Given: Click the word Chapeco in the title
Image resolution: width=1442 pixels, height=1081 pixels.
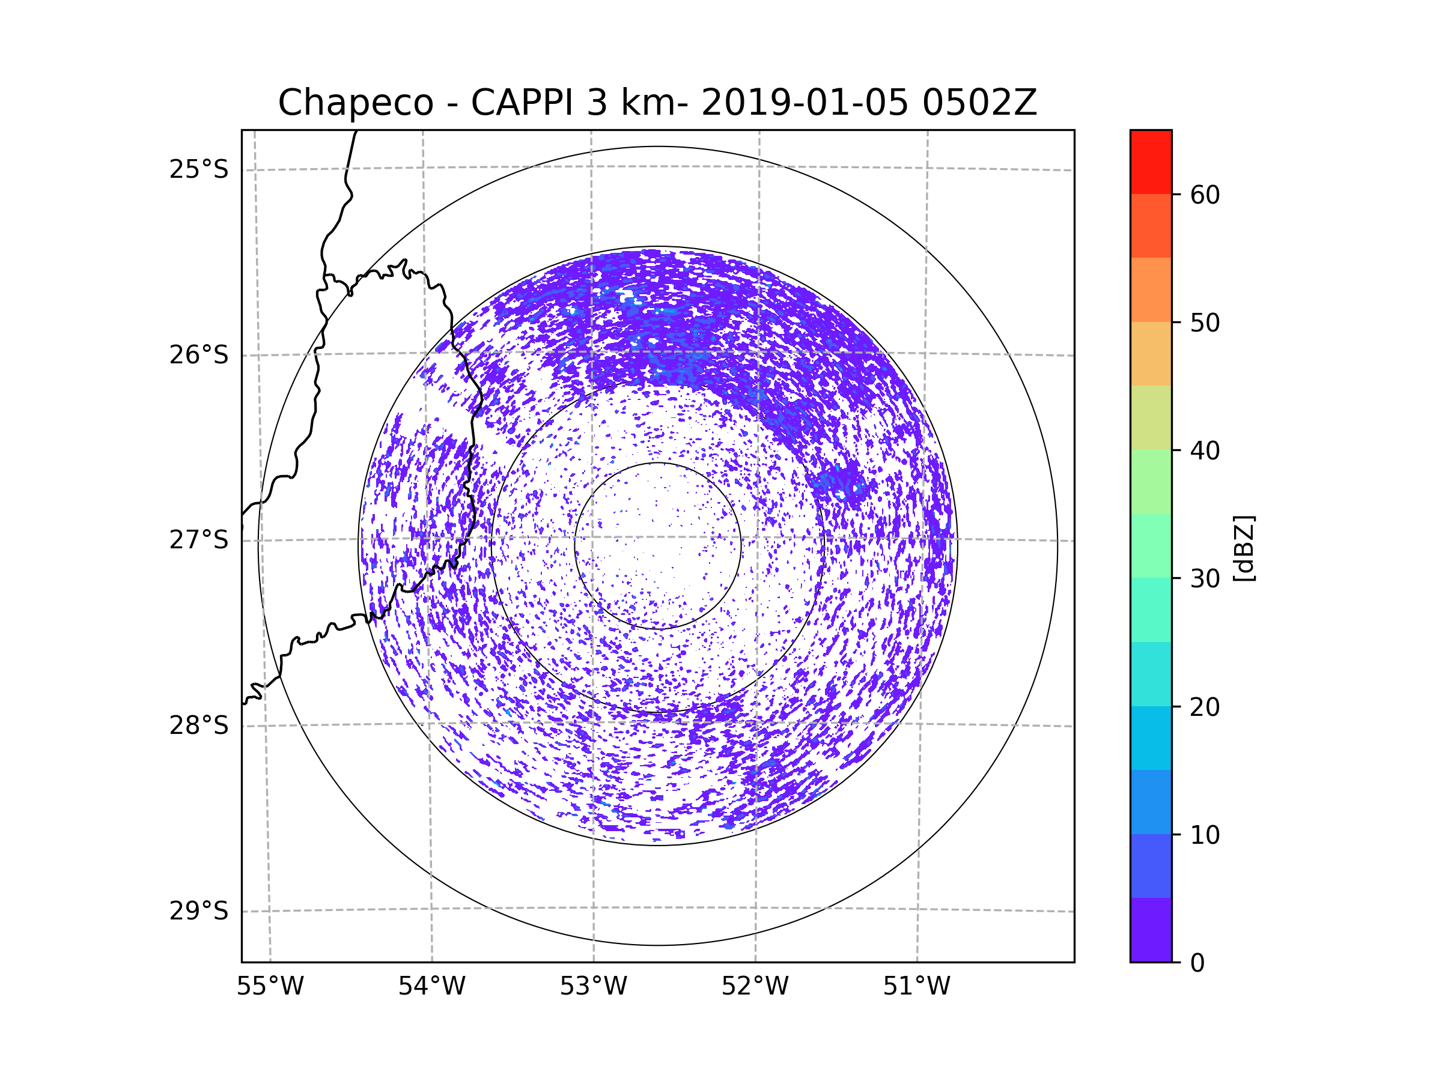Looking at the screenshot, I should click(x=355, y=103).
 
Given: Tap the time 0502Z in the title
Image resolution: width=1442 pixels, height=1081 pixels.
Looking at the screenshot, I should click(x=979, y=103).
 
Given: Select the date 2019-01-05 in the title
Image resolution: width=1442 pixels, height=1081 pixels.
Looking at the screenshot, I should click(x=805, y=103).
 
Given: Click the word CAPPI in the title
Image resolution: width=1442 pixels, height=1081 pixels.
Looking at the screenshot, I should click(x=523, y=103).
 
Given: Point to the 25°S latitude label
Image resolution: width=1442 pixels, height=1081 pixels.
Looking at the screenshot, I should click(x=199, y=169).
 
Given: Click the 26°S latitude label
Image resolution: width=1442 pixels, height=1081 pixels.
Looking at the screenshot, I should click(x=199, y=355).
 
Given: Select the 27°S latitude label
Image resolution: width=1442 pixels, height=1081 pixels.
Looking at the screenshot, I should click(x=199, y=540).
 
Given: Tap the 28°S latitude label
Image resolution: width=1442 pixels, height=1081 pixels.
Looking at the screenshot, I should click(x=199, y=725).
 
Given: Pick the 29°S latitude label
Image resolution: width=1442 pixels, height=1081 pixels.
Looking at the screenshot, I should click(x=199, y=911).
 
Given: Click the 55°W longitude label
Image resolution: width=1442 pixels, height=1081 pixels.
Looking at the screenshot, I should click(x=270, y=987).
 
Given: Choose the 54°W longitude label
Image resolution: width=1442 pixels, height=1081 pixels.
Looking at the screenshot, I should click(x=431, y=987).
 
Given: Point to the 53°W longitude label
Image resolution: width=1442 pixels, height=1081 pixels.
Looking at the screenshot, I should click(x=593, y=987).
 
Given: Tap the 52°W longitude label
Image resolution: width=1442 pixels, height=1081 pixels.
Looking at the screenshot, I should click(x=755, y=987).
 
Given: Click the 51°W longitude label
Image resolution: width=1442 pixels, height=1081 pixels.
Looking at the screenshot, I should click(x=916, y=987).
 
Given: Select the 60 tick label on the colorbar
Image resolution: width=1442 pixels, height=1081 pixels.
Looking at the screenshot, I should click(x=1205, y=195).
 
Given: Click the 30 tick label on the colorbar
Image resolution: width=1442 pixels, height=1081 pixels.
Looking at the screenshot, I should click(x=1205, y=578).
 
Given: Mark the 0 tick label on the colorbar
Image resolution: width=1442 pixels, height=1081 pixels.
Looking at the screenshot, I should click(x=1197, y=963).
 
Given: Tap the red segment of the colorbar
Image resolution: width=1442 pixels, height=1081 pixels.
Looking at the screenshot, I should click(x=1151, y=162).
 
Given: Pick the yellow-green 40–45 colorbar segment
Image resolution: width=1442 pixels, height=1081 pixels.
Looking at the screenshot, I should click(x=1151, y=417).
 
